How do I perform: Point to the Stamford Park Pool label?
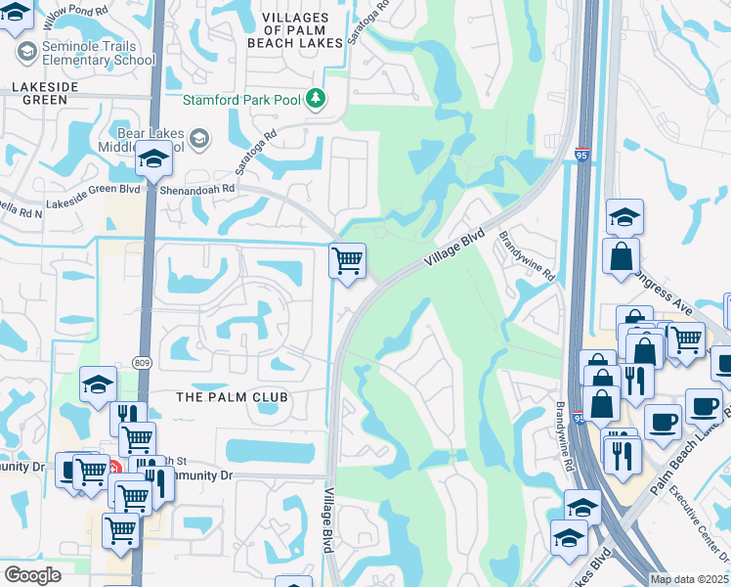(x=241, y=99)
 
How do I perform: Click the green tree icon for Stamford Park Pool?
(x=316, y=98)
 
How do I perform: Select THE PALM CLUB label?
(x=232, y=397)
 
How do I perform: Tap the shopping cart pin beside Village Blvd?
(x=347, y=262)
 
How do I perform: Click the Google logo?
(x=32, y=574)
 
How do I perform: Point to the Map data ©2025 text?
(x=689, y=579)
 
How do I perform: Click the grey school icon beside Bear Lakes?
(x=198, y=139)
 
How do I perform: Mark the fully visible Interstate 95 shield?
(x=581, y=155)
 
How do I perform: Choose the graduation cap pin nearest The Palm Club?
(x=98, y=385)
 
